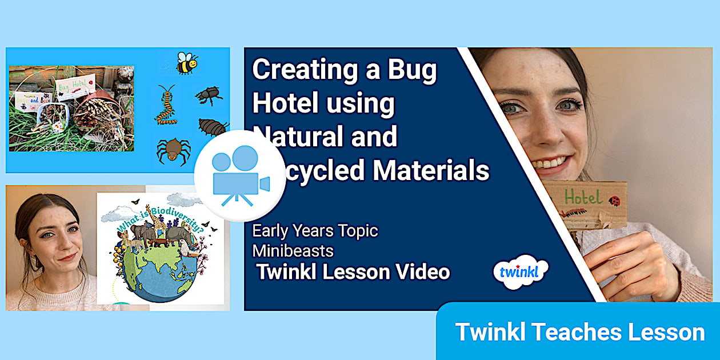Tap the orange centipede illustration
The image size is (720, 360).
tap(166, 105)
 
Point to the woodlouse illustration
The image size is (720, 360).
tap(213, 126)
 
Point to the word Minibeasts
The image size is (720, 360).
tap(293, 251)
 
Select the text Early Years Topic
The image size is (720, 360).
tap(315, 231)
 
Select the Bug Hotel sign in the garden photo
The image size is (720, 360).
tap(74, 87)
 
